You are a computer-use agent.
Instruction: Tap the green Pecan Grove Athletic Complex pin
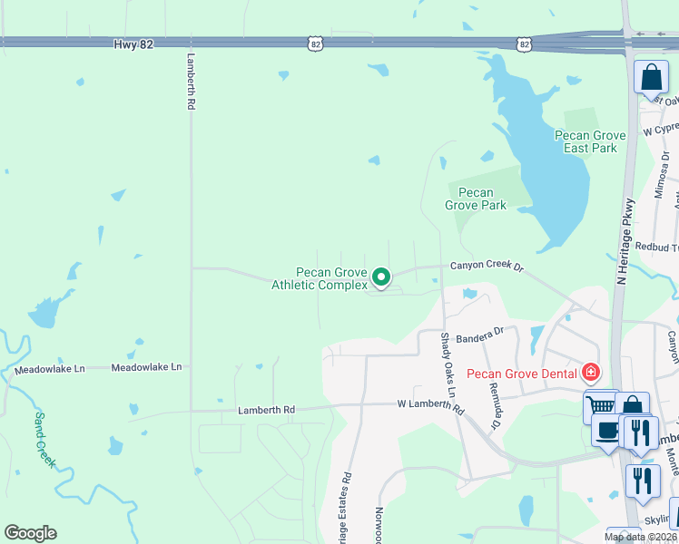coord(382,277)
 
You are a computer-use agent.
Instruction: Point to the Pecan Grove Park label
coord(476,199)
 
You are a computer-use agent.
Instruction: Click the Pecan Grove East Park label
coord(591,141)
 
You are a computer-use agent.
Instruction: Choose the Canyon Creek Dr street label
coord(488,267)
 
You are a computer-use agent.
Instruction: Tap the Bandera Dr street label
coord(479,335)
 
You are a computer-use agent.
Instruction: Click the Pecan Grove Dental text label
coord(522,374)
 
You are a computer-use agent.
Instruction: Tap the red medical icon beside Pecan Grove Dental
coord(591,372)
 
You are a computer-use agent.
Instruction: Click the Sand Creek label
coord(44,440)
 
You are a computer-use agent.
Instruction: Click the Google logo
coord(30,533)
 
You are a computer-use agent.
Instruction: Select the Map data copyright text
coord(641,538)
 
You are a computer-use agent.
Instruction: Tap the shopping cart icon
coord(599,406)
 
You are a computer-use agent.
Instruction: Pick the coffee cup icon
coord(606,432)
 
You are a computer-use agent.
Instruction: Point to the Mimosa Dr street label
coord(661,175)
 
